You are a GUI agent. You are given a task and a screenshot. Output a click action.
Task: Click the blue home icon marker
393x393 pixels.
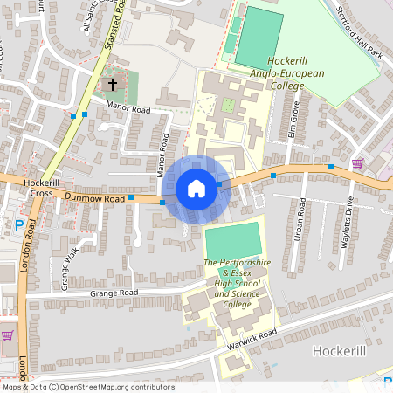(196, 189)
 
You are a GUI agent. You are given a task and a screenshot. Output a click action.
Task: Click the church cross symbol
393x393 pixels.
(111, 85)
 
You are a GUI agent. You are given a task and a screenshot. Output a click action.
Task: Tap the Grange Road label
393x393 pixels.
(114, 293)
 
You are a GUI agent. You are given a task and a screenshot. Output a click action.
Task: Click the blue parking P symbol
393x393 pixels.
(19, 225)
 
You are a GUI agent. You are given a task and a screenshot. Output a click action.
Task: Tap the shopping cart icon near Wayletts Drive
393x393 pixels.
(357, 163)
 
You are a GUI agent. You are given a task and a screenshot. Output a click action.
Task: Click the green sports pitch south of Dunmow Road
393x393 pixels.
(232, 238)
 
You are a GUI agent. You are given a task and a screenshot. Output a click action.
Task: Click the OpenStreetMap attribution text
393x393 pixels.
(88, 387)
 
